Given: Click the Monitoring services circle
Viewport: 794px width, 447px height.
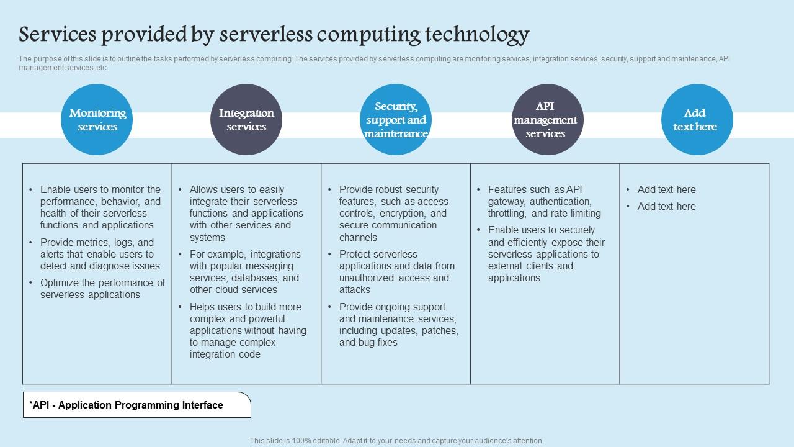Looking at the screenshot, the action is (97, 120).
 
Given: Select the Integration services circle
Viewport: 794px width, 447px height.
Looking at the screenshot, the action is (246, 120).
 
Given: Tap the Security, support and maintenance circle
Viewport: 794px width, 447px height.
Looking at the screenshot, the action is (396, 120).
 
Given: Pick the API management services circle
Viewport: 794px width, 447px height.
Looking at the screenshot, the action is (545, 120).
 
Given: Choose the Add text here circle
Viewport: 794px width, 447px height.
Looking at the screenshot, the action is (697, 120).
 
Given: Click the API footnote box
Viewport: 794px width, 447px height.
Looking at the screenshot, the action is (137, 405).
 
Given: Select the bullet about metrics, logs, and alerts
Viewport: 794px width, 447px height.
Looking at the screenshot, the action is (100, 254).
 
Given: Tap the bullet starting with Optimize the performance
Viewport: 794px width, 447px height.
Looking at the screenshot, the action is (102, 289).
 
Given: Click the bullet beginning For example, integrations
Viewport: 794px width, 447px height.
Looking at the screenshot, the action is (245, 272).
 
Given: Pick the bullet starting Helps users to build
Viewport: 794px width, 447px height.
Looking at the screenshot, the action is (248, 330).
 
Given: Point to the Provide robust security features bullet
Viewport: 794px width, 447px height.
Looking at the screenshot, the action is (393, 213).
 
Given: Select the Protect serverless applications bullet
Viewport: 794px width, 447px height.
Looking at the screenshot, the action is (396, 272).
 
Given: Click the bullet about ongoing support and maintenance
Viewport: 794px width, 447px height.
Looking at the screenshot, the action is (398, 325).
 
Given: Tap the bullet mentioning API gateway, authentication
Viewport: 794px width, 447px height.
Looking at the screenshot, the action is (544, 201).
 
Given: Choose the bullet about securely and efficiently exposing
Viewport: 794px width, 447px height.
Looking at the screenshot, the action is (546, 254).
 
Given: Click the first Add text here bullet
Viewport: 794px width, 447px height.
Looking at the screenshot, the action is (666, 189).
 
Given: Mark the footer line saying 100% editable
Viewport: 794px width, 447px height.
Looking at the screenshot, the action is (396, 441).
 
